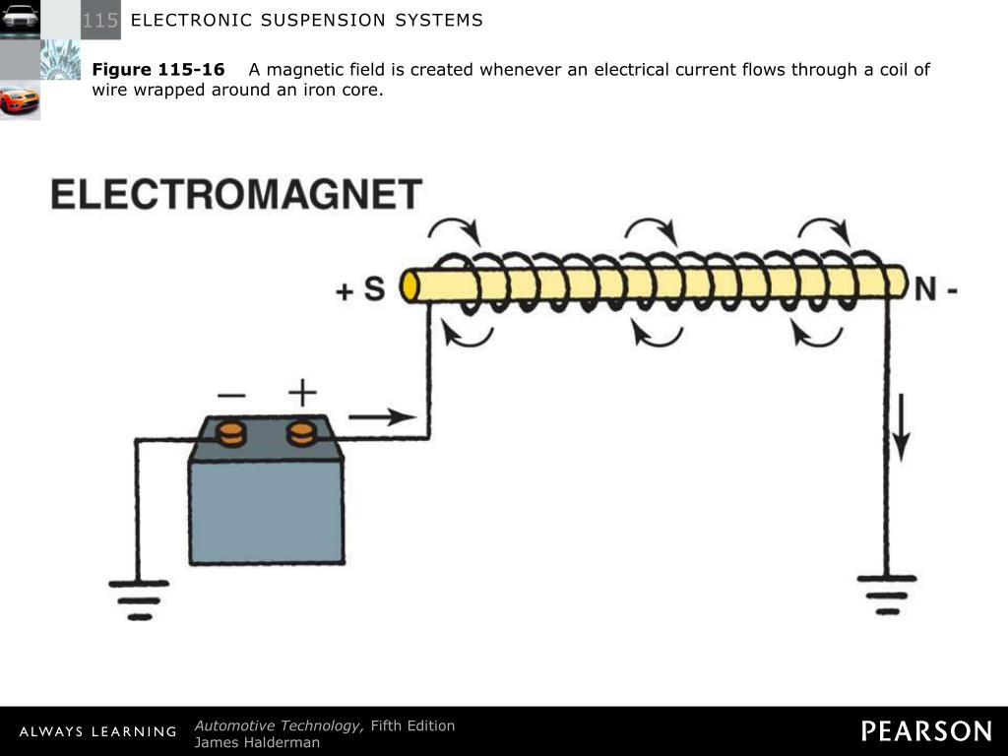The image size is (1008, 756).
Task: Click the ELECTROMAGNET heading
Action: click(236, 194)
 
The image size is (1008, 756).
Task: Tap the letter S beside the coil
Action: click(374, 288)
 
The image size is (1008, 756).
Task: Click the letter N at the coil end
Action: click(925, 288)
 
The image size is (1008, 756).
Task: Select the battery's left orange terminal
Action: click(231, 433)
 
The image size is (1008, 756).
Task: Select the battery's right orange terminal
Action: click(302, 433)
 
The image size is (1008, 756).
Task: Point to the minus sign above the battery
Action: click(231, 395)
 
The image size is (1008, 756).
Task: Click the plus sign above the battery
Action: click(302, 394)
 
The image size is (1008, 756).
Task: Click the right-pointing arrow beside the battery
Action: click(382, 417)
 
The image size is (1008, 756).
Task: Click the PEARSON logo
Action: click(926, 730)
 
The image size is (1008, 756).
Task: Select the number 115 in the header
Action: click(100, 20)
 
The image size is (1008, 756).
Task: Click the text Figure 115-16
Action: click(158, 70)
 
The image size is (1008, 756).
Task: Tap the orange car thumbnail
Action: click(20, 100)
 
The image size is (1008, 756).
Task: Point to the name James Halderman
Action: click(257, 742)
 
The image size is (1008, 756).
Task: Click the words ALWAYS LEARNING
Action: click(97, 731)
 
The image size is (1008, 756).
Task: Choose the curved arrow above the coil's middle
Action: click(652, 230)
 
